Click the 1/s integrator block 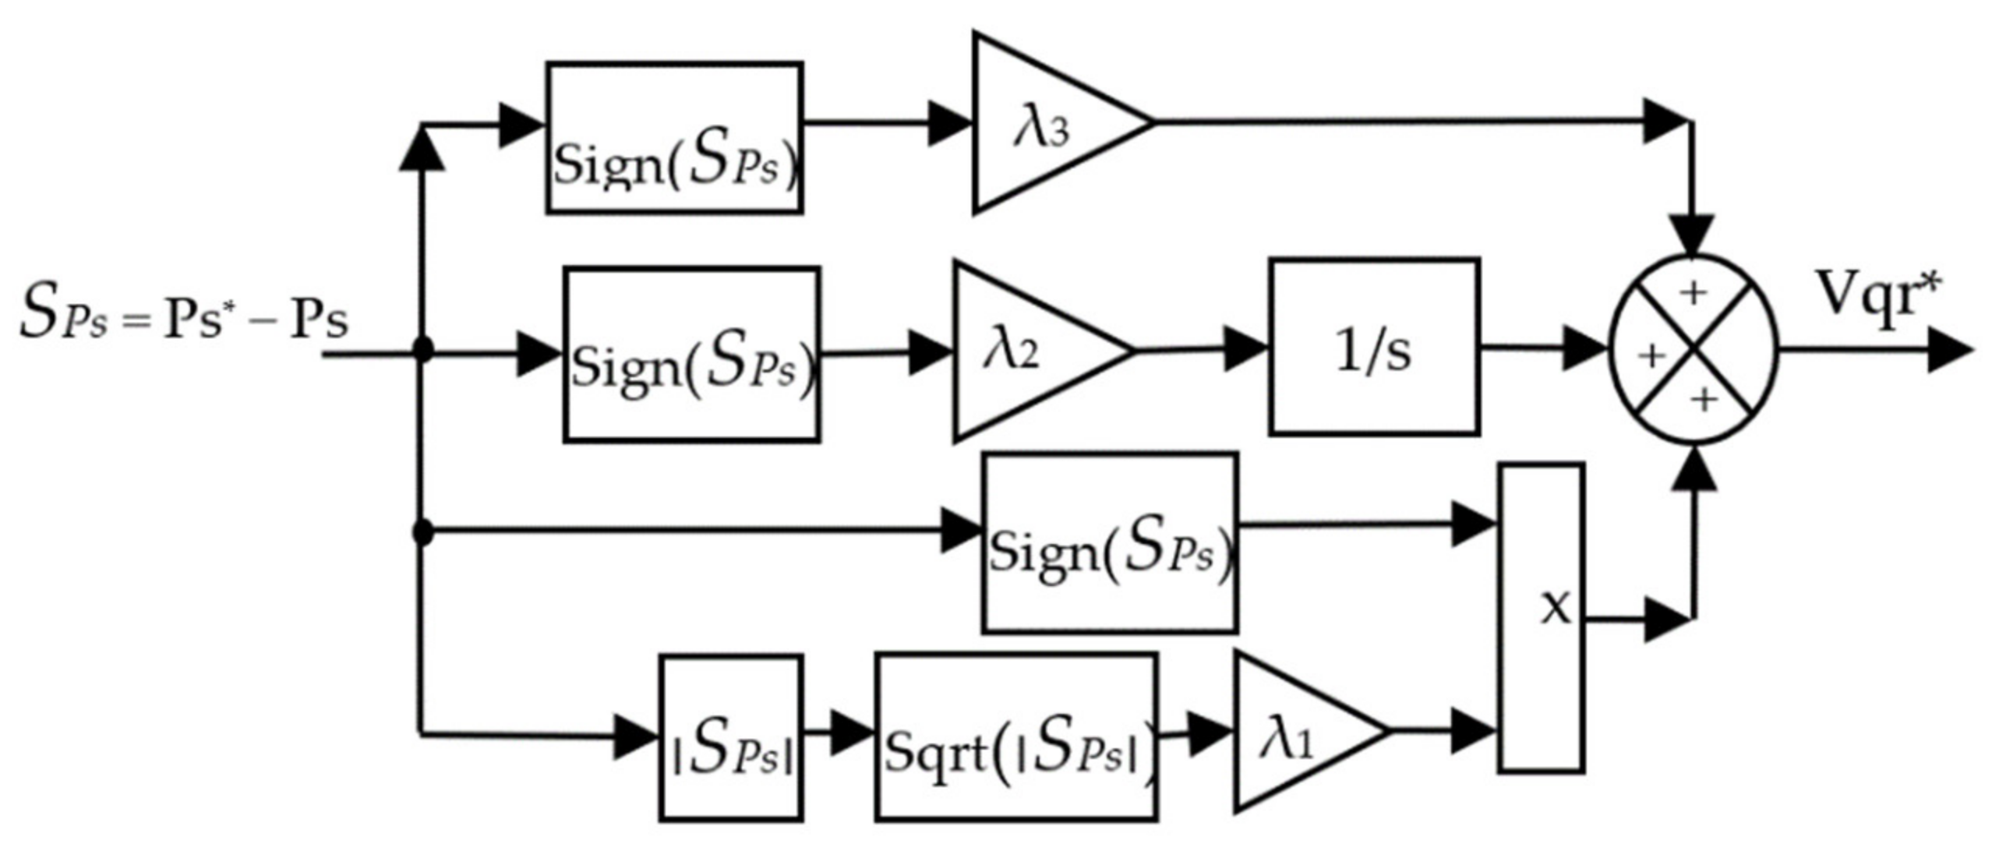pos(1374,347)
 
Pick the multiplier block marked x pos(1542,617)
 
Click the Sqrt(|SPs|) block pos(1015,736)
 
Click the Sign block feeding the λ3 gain pos(675,138)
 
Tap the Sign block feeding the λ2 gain pos(692,355)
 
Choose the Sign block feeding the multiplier pos(1110,542)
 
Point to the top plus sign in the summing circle pos(1693,293)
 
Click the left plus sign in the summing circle pos(1651,355)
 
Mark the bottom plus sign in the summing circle pos(1704,399)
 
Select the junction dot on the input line pos(422,348)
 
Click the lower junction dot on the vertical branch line pos(422,533)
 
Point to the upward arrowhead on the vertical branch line pos(422,150)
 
